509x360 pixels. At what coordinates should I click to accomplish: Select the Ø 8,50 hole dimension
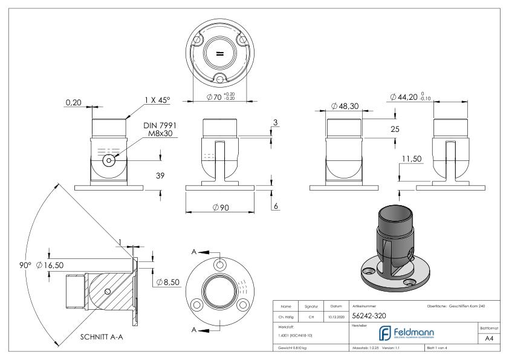pyautogui.click(x=167, y=283)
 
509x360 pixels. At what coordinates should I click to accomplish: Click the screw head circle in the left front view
pyautogui.click(x=109, y=160)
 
